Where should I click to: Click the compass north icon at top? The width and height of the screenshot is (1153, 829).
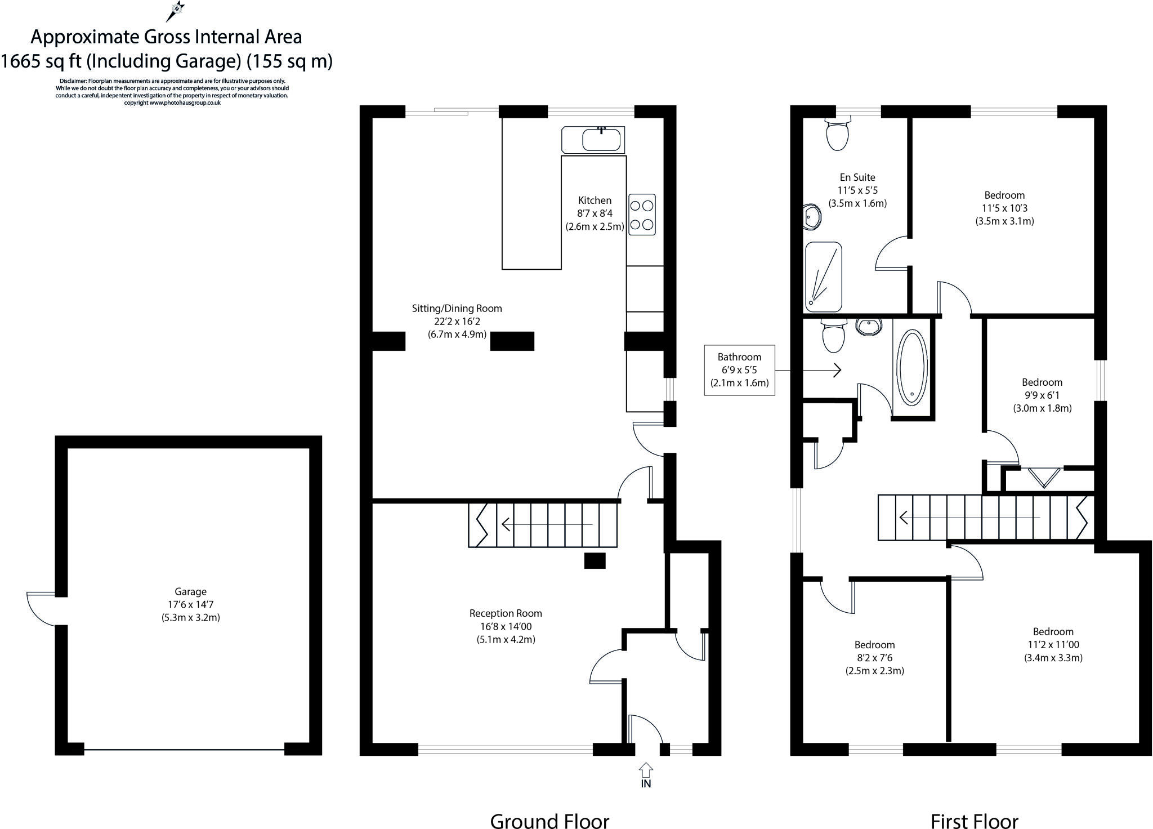pos(177,10)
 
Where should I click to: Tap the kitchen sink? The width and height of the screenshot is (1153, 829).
pos(601,139)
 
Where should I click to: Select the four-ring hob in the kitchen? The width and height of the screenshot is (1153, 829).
pos(642,214)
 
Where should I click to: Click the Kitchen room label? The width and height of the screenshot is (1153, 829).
pos(595,200)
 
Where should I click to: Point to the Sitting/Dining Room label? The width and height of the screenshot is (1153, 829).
pos(457,309)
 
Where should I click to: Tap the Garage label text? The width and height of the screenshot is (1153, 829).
pos(190,592)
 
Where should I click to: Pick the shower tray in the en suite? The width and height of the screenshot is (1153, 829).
pos(824,277)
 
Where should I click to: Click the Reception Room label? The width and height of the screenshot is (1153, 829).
pos(506,613)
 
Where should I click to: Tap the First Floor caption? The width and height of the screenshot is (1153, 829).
pos(974,820)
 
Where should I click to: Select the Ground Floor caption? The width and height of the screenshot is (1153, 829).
pos(549,820)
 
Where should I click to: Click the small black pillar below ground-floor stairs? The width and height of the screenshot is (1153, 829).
pos(595,560)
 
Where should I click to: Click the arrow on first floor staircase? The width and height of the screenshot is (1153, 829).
pos(968,517)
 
